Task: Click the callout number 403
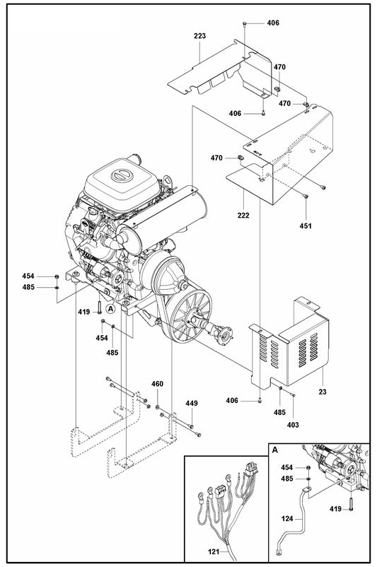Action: click(293, 424)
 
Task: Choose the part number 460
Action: click(157, 384)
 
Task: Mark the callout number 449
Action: click(191, 403)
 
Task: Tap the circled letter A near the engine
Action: click(111, 308)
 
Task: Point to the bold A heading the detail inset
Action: click(275, 449)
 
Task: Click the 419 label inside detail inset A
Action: click(336, 508)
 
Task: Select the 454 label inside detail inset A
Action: click(286, 468)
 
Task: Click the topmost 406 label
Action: click(272, 23)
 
